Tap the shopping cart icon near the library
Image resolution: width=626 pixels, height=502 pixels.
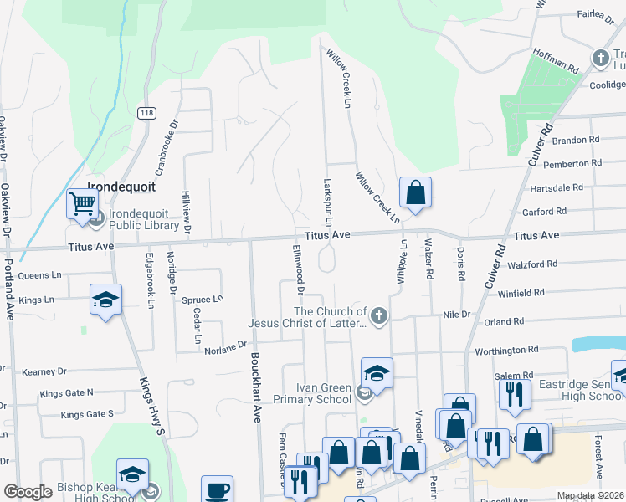point(82,203)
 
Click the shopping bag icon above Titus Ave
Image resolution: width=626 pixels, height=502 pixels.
point(415,192)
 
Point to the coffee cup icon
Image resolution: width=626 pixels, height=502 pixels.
point(218,489)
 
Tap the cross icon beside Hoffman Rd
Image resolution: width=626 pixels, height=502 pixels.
point(600,58)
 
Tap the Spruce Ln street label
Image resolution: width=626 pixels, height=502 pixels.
point(203,299)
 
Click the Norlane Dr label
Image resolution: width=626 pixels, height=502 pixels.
point(226,343)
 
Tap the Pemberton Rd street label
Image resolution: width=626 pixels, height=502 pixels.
point(572,163)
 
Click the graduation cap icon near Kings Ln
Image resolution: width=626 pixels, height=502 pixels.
point(106,300)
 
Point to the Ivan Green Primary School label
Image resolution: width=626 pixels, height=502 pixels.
point(324,393)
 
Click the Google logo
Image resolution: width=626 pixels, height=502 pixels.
point(28,492)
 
